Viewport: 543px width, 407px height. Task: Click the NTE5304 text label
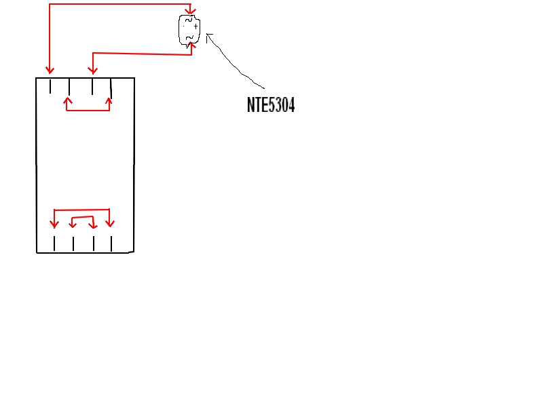(x=271, y=105)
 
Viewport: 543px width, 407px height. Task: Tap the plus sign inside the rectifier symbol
(x=195, y=26)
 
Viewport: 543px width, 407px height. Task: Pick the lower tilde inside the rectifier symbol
(x=189, y=37)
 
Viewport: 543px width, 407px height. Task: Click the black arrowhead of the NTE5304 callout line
(x=208, y=35)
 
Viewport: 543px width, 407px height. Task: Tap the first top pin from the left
(x=50, y=86)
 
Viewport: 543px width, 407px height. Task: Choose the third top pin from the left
(x=92, y=87)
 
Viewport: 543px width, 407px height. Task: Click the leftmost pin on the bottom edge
(x=54, y=244)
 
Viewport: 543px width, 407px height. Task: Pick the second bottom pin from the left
(x=73, y=244)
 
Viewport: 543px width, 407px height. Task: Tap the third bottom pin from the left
(x=94, y=244)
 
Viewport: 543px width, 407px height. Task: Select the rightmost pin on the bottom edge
(x=111, y=244)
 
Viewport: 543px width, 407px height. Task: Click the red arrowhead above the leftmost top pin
(x=49, y=70)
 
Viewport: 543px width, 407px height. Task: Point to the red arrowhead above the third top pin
(x=92, y=70)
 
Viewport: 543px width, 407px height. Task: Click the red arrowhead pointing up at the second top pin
(x=67, y=101)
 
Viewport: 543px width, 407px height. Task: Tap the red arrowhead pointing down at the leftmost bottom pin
(x=54, y=224)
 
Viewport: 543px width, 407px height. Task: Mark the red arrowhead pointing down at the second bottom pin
(x=73, y=224)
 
